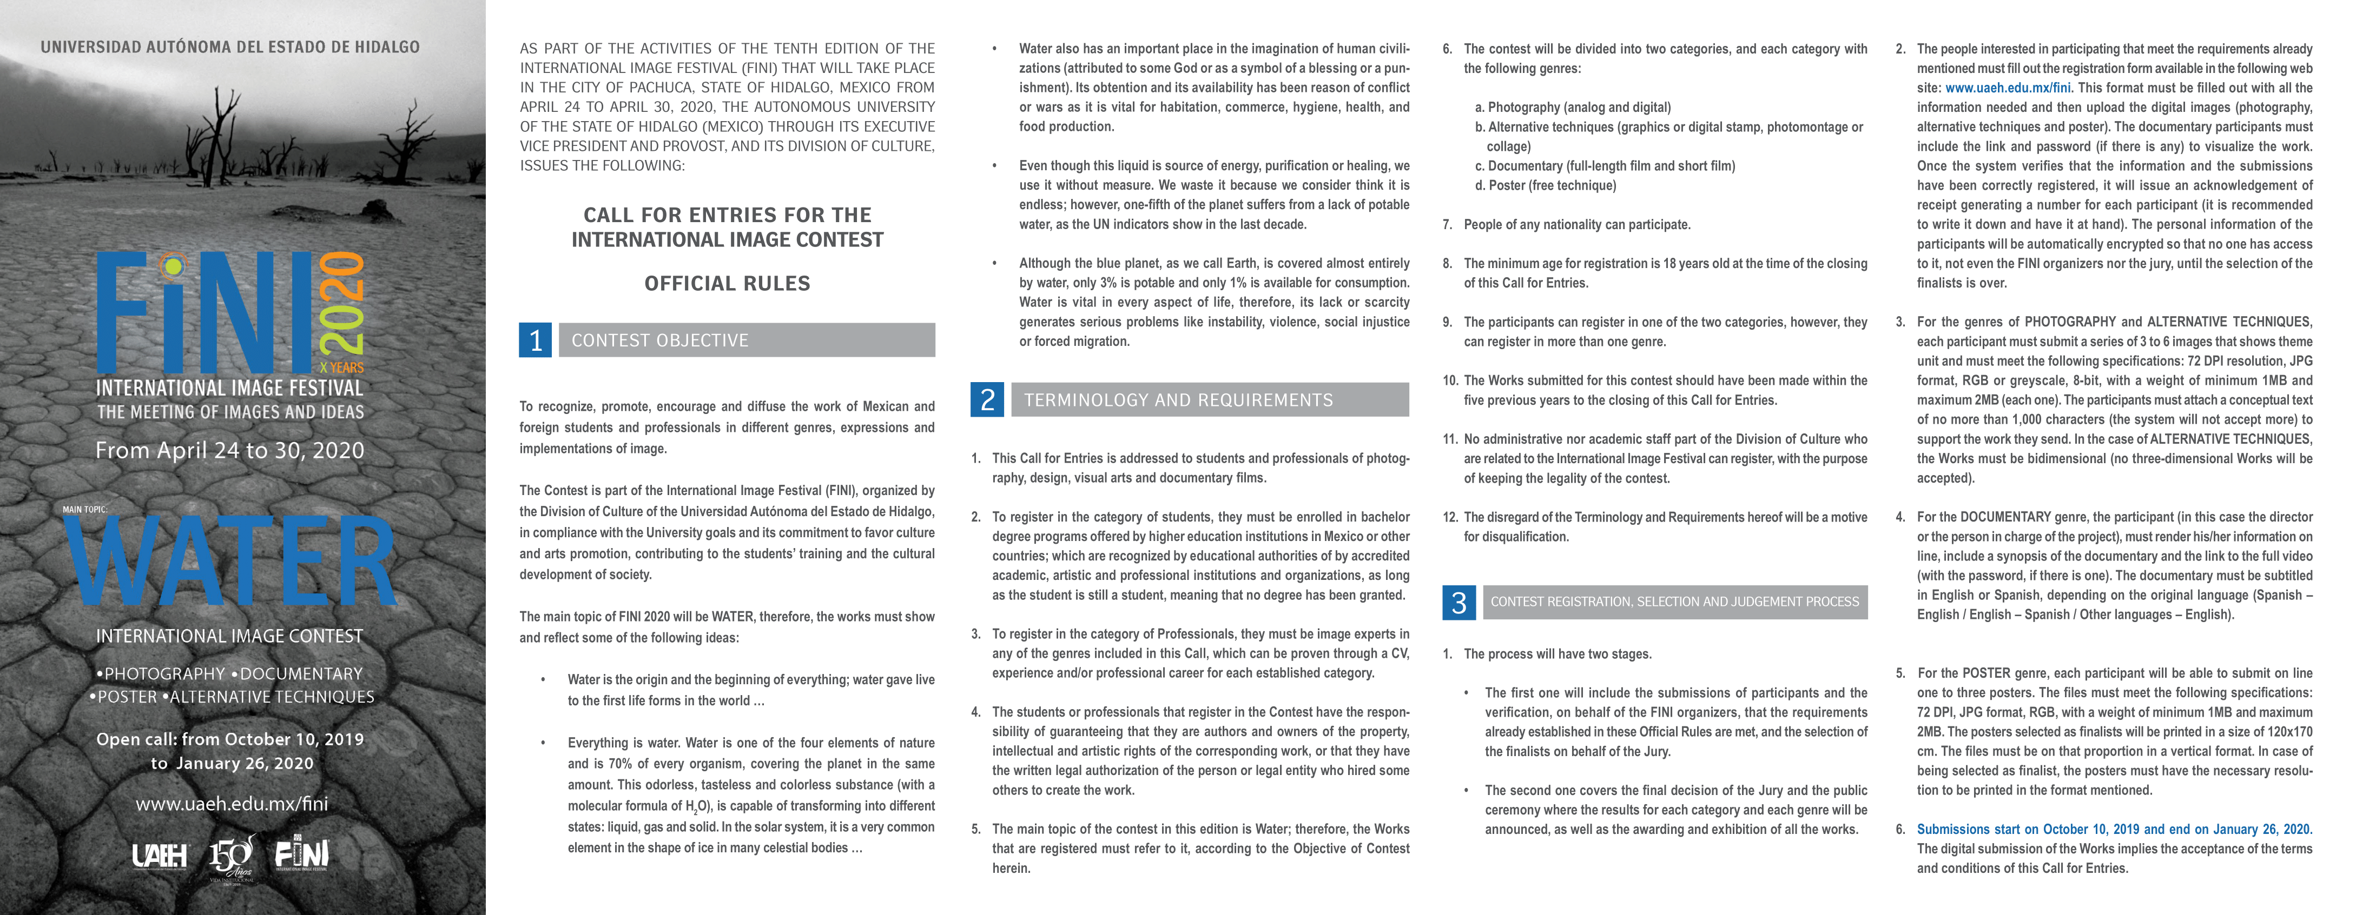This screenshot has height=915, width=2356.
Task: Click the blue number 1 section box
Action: point(535,340)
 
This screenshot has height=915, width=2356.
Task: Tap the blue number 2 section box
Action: point(987,399)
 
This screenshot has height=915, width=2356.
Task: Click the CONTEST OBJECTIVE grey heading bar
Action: point(747,340)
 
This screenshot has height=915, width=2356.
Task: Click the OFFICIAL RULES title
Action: point(727,283)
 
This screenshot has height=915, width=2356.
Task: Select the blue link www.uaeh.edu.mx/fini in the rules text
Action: point(2008,88)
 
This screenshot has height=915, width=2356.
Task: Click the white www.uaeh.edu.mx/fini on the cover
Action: point(232,804)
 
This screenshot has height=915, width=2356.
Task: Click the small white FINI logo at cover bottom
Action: point(302,854)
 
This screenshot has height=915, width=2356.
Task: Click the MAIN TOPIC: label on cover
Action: point(84,509)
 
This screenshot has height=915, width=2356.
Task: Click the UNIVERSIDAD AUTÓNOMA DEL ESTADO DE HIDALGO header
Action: point(229,46)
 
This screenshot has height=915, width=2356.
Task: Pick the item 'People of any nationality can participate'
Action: point(1577,225)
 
